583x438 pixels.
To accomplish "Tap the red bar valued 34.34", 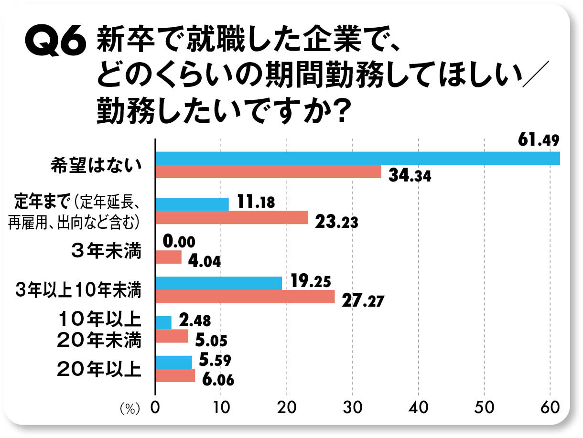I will (268, 172).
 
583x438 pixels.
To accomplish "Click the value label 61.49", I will (539, 141).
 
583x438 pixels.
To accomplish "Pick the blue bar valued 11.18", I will (192, 204).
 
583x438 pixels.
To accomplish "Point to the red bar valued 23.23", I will (232, 218).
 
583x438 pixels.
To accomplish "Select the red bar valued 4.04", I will (169, 257).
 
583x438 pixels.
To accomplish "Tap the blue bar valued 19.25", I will (219, 283).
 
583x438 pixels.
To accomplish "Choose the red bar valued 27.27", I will (245, 297).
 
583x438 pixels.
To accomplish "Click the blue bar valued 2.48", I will (163, 323).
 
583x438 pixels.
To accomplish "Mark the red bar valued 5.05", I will (172, 337).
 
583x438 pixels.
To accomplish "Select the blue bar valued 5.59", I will (174, 363).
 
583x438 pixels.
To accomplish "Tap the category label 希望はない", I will (96, 165).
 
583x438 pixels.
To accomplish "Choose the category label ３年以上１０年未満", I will (78, 290).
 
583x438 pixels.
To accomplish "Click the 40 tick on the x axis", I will (419, 407).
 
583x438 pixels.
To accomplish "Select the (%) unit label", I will (130, 408).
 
